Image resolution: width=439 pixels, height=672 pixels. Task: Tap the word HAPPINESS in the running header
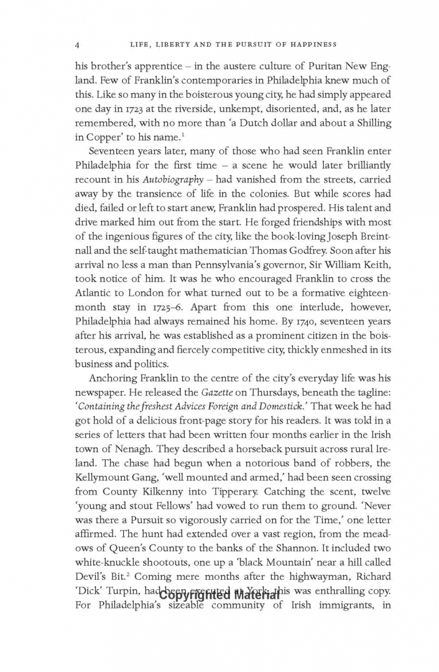point(312,44)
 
